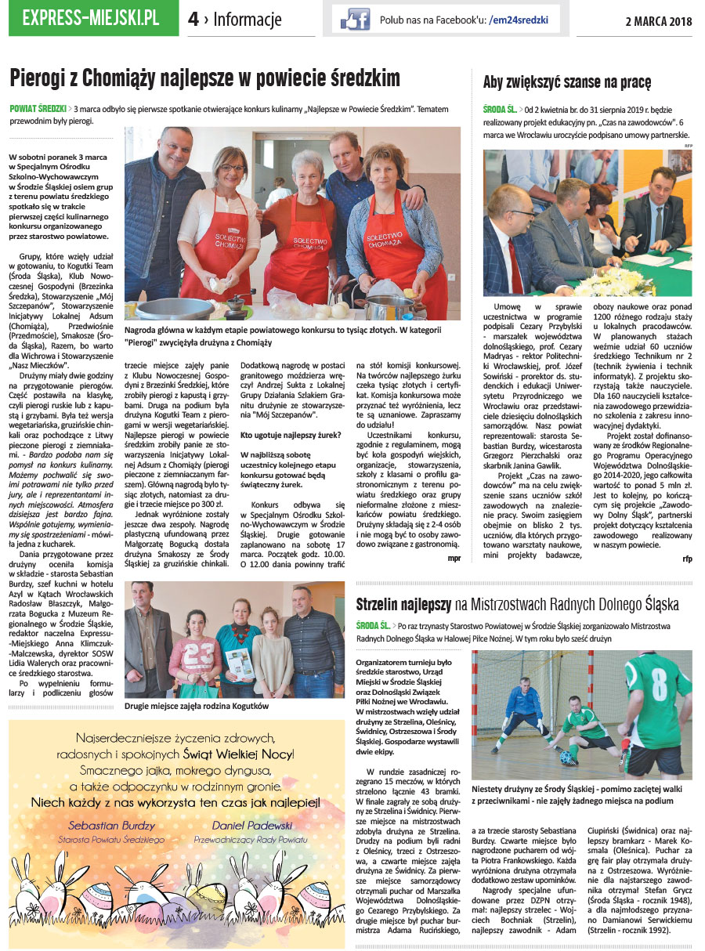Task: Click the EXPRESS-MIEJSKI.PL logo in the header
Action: (92, 18)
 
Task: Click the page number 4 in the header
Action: (193, 20)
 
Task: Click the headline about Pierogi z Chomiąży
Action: (204, 78)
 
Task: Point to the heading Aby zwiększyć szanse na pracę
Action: (567, 82)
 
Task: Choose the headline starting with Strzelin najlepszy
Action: (517, 605)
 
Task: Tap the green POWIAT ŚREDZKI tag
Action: (37, 108)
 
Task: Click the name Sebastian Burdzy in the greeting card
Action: (111, 825)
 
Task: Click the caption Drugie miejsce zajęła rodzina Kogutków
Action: (196, 706)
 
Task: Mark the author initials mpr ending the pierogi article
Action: (454, 559)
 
